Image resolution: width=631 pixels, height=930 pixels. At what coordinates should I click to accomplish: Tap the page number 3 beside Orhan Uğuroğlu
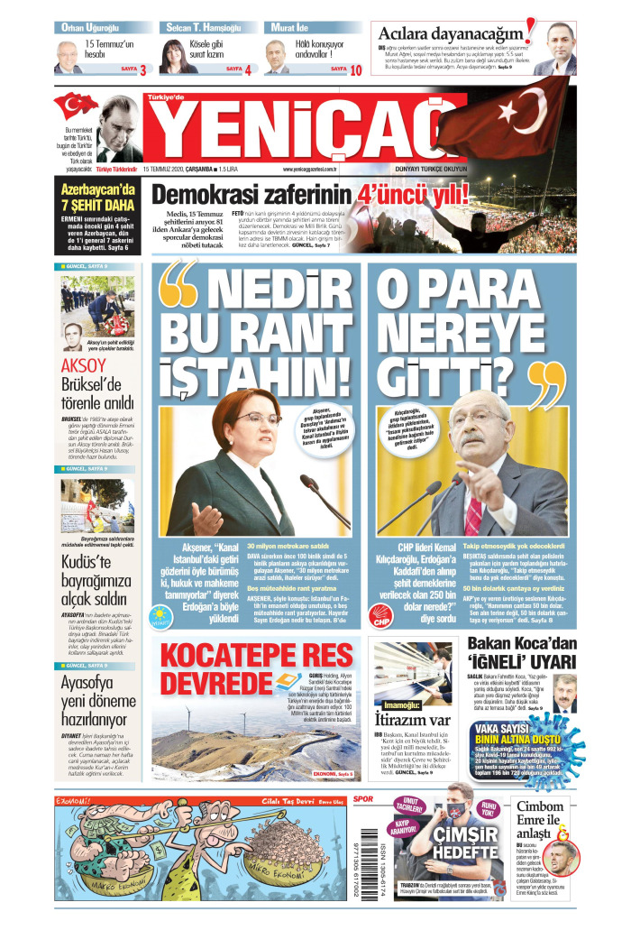(x=142, y=69)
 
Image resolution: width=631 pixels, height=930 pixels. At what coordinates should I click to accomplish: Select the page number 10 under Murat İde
(x=356, y=69)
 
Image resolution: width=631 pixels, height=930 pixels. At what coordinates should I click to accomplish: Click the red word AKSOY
(x=83, y=365)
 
